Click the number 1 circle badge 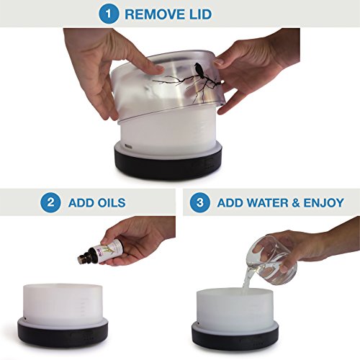109,14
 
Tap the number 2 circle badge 50,202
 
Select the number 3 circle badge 200,202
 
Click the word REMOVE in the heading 155,14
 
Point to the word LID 200,14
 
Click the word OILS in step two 111,203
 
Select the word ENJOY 324,203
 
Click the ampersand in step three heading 296,203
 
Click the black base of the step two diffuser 63,333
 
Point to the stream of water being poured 247,279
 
